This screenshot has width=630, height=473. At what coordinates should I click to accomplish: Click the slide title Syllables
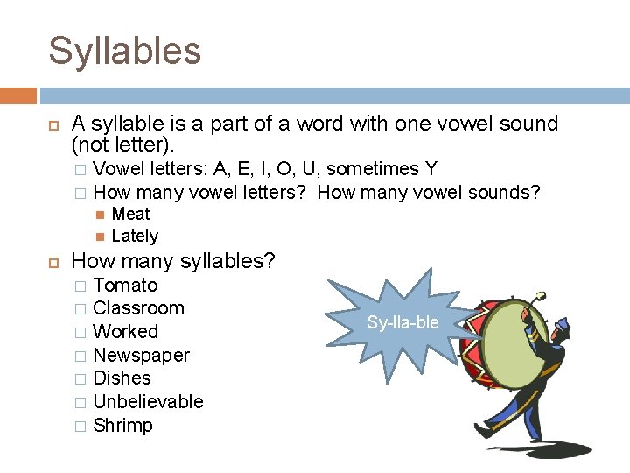[x=124, y=51]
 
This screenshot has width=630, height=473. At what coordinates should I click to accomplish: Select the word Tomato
[x=125, y=286]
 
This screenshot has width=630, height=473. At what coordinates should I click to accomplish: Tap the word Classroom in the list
[x=138, y=308]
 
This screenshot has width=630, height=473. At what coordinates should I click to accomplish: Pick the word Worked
[x=125, y=332]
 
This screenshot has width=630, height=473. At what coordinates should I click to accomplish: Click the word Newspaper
[x=141, y=356]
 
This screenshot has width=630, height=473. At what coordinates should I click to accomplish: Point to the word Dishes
[x=122, y=378]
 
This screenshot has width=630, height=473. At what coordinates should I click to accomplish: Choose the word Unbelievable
[x=148, y=402]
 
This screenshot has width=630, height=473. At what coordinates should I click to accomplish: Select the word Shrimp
[x=122, y=426]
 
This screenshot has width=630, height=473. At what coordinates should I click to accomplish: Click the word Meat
[x=131, y=214]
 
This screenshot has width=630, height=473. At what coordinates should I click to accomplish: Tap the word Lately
[x=135, y=236]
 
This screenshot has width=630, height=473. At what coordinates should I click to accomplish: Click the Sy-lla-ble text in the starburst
[x=402, y=322]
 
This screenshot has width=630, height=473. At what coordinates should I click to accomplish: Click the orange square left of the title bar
[x=17, y=95]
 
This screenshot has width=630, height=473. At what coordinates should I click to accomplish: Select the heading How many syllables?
[x=172, y=261]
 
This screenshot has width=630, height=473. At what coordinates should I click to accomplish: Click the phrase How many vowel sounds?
[x=429, y=191]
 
